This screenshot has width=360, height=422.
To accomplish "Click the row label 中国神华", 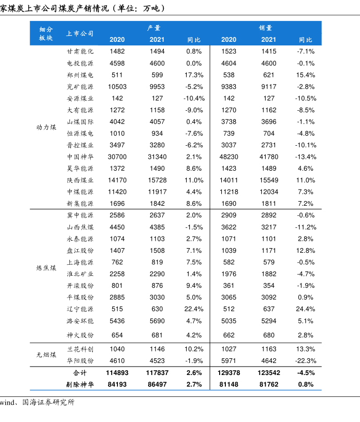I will (x=80, y=157).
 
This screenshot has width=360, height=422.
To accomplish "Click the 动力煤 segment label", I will (x=46, y=127).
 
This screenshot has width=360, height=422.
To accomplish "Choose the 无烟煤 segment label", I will (x=46, y=355).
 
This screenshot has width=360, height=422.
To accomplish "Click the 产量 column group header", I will (x=154, y=28).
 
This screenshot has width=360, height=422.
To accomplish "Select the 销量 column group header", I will (x=266, y=28).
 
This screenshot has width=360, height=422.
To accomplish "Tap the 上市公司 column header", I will (x=80, y=34).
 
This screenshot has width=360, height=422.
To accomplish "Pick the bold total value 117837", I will (x=157, y=373).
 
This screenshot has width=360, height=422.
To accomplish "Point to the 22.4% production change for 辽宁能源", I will (x=194, y=309).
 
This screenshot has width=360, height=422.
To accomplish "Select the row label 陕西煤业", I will (x=80, y=180).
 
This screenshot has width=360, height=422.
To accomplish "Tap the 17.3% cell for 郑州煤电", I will (x=194, y=75).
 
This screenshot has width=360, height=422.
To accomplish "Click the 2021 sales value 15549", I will (x=269, y=180).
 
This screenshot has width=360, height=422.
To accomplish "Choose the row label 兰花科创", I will (x=80, y=349).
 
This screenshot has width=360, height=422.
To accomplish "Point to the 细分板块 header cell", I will (x=46, y=34).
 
